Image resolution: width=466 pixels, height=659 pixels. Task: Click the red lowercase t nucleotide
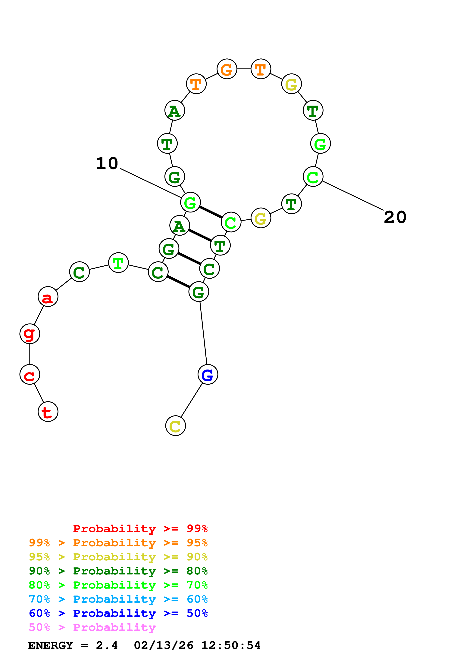[48, 412]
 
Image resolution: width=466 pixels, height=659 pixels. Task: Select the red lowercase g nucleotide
[30, 333]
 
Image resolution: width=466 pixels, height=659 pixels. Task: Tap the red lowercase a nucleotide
[48, 296]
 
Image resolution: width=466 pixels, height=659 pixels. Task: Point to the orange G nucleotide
[227, 69]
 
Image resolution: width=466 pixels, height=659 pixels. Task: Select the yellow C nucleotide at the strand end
[175, 426]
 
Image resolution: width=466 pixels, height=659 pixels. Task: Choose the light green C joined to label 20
[313, 177]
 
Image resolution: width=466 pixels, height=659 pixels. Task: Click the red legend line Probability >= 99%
[140, 529]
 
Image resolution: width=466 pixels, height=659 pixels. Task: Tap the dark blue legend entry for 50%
[118, 613]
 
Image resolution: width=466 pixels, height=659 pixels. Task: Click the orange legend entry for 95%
[118, 543]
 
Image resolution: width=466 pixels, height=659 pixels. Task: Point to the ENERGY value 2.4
[107, 645]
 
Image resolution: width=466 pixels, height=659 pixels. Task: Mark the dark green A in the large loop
[175, 110]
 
